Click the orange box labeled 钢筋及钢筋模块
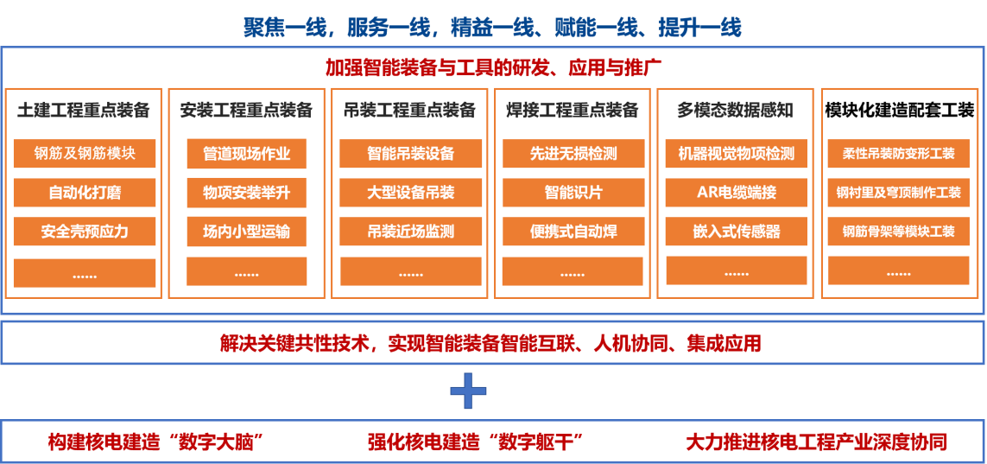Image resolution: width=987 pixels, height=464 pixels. point(85,154)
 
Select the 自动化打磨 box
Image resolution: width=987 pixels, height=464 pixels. point(85,193)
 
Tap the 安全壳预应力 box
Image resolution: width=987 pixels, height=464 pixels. point(85,232)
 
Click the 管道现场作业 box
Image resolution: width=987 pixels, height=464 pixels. point(246,154)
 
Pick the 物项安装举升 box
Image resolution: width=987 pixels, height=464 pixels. point(246,193)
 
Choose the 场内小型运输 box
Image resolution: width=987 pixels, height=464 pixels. point(246,232)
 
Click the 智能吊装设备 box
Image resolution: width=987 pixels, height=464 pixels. point(410,154)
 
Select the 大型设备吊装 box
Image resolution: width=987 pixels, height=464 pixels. point(410,193)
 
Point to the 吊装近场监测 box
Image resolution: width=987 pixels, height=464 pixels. point(410,232)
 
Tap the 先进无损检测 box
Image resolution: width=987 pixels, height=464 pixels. point(573,154)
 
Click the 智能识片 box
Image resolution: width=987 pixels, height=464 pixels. point(573,193)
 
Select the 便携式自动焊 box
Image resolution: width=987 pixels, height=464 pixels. point(573,232)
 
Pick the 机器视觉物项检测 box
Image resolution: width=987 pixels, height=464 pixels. point(736,154)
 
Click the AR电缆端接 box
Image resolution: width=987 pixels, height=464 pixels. point(736,193)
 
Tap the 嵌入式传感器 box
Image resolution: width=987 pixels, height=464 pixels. point(736,232)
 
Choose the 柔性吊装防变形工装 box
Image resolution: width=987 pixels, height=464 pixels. point(898,154)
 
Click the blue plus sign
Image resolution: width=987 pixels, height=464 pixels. point(469,391)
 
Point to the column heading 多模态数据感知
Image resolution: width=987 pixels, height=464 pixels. point(734,111)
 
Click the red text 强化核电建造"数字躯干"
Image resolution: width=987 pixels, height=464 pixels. point(475,442)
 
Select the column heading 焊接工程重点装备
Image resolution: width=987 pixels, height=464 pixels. point(572,111)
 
